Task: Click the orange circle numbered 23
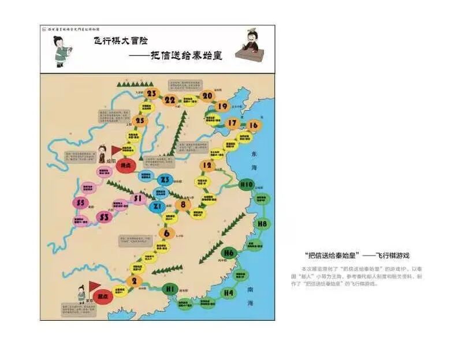point(152,93)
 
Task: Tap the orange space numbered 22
point(170,100)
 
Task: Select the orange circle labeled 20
point(207,96)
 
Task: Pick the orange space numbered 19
point(222,106)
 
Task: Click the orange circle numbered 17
point(232,123)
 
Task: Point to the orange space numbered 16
point(253,125)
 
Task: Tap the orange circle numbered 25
point(139,121)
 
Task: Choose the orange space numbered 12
point(207,165)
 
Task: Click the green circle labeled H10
point(247,185)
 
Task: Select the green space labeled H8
point(263,223)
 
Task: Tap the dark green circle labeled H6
point(229,253)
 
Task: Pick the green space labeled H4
point(230,292)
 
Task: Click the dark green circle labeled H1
point(170,288)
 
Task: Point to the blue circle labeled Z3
point(165,179)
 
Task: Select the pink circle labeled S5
point(81,203)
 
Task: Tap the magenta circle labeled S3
point(105,217)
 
